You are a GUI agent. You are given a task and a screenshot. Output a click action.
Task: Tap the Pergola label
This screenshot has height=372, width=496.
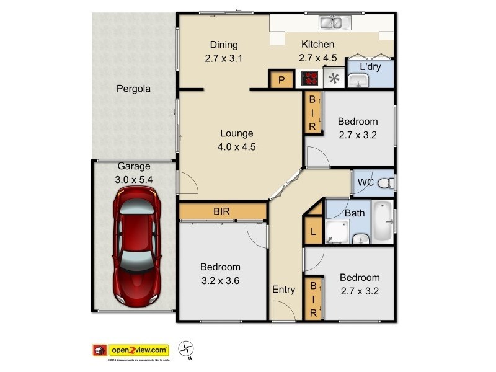pos(133,89)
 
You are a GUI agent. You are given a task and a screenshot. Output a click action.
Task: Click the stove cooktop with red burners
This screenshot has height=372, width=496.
pos(310,79)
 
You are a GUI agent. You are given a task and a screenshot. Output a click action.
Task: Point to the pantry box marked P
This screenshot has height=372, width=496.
pos(281,79)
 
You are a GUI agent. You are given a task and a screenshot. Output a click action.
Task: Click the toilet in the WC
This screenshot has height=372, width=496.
pos(385,183)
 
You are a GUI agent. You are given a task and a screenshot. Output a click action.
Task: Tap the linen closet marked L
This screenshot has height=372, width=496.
pos(313,233)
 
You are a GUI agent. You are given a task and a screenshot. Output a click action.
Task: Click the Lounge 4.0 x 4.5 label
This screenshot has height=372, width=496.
pos(237,140)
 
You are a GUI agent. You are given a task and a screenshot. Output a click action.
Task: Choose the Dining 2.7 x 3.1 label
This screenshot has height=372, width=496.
pos(224,51)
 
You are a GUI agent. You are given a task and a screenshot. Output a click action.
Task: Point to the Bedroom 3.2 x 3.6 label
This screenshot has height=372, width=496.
pos(220,273)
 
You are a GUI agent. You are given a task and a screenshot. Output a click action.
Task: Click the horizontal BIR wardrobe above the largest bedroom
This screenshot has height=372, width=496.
pos(222,212)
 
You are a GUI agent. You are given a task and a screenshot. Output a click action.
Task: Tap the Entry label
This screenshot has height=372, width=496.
pos(284,290)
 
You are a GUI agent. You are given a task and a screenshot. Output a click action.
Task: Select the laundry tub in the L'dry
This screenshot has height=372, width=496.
pos(358,81)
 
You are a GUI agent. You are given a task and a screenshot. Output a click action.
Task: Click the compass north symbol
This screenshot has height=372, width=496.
pos(187,349)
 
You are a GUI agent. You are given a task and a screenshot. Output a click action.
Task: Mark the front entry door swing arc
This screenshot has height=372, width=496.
pos(280,311)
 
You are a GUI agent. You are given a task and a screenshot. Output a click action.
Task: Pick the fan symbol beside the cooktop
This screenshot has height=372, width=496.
pos(334,79)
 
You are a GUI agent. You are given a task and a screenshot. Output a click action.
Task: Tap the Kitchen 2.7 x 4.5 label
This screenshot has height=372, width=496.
pos(317,51)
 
